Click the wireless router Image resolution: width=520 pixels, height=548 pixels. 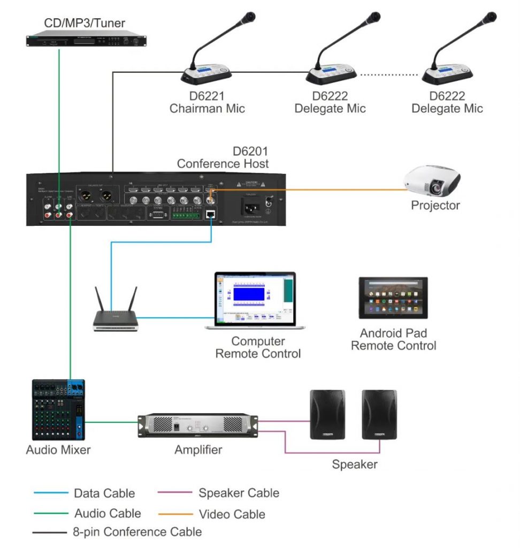point(116,319)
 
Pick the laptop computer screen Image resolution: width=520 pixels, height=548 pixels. point(255,298)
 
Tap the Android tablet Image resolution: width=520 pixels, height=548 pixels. point(393,299)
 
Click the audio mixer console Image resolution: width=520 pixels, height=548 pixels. point(58,409)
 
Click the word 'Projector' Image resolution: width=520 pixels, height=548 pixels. point(435,205)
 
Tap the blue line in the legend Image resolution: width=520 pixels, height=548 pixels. point(51,493)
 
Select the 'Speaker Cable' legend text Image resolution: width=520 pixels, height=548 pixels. point(239,493)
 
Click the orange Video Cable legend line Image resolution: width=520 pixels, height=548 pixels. point(175,514)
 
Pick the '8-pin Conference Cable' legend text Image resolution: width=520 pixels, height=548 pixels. point(137,532)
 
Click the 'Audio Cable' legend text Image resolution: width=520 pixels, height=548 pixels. point(108,513)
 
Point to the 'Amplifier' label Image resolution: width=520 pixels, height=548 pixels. point(198,450)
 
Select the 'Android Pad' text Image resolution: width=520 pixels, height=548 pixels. point(393,333)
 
